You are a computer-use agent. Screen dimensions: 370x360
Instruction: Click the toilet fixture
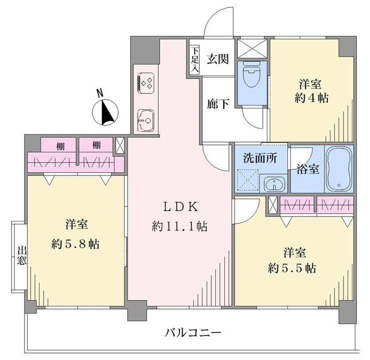click(x=251, y=73)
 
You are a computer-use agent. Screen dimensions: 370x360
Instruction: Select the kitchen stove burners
click(x=146, y=83)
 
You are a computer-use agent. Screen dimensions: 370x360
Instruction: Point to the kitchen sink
click(x=146, y=120)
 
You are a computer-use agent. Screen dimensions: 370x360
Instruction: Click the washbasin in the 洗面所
click(x=274, y=183)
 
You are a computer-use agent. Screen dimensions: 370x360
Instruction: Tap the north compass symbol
click(x=105, y=112)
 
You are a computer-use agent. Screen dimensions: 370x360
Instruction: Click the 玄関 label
click(x=218, y=59)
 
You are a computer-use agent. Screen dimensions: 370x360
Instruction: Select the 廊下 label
click(x=218, y=104)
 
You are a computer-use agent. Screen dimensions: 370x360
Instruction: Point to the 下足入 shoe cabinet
click(x=195, y=60)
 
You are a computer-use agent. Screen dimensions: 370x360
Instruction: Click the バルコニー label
click(x=193, y=333)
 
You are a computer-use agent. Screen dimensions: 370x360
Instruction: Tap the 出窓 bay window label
click(x=22, y=255)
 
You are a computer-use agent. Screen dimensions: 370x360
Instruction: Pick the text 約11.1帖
click(x=180, y=226)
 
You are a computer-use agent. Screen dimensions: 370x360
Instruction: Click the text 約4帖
click(x=311, y=98)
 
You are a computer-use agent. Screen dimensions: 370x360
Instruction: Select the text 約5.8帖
click(x=76, y=244)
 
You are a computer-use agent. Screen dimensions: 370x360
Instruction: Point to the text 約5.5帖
click(x=292, y=268)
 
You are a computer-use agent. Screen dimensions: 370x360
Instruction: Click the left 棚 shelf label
click(x=60, y=146)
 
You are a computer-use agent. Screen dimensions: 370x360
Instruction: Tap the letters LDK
click(x=181, y=207)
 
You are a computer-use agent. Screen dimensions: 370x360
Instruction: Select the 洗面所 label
click(x=260, y=158)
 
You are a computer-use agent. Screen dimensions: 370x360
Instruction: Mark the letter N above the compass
click(x=100, y=93)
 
